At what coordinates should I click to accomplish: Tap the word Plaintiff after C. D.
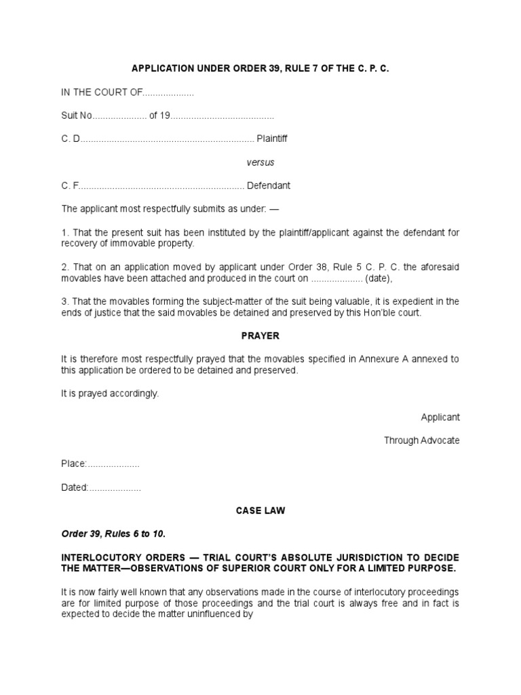[271, 138]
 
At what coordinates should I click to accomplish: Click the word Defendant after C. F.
[268, 185]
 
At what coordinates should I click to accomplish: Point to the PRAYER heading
[260, 336]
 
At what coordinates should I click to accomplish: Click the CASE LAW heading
[260, 510]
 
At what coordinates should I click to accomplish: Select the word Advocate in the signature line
[439, 440]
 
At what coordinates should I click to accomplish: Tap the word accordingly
[132, 394]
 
